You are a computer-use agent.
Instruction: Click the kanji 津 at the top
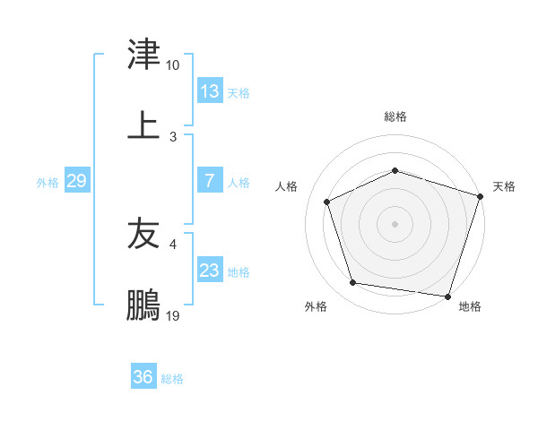point(143,56)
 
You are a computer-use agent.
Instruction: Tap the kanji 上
point(143,125)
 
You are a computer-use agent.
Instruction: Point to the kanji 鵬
point(143,305)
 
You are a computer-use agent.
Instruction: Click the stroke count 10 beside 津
point(173,66)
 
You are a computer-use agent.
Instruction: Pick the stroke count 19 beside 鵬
point(173,316)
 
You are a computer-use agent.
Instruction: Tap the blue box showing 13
point(210,91)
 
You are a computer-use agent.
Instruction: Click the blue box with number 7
point(210,181)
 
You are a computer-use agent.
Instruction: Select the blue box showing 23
point(210,271)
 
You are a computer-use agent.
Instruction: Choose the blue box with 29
point(76,181)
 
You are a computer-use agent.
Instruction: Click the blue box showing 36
point(143,377)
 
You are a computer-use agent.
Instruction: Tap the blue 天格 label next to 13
point(239,93)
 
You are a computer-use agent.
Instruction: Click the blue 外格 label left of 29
point(48,183)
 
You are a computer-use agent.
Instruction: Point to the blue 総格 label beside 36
point(172,379)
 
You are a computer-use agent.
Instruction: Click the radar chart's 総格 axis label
point(395,116)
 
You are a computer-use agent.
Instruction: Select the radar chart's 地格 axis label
point(470,306)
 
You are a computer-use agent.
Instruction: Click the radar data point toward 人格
point(327,202)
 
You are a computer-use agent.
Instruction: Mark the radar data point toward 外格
point(353,283)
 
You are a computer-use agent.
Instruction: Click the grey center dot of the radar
point(395,224)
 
